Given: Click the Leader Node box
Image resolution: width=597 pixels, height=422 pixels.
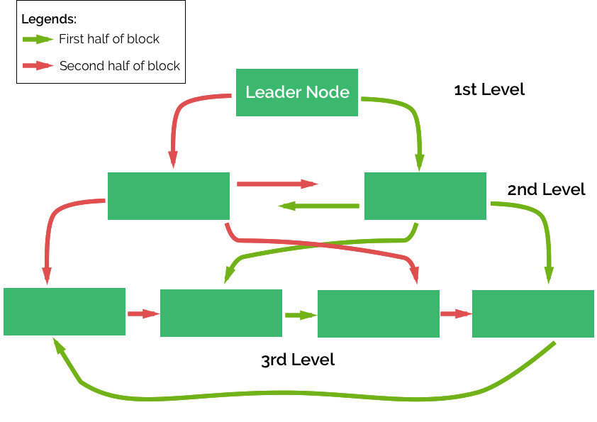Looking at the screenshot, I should [296, 92].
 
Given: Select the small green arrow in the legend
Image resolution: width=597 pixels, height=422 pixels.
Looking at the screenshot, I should [38, 40].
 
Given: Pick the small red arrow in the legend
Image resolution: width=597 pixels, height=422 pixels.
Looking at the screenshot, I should [38, 66].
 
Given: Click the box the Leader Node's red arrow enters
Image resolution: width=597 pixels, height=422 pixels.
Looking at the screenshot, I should [169, 196].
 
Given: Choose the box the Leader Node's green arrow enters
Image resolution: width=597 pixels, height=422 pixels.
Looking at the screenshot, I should [425, 196].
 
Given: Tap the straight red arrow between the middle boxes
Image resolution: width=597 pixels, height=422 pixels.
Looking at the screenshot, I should [277, 184].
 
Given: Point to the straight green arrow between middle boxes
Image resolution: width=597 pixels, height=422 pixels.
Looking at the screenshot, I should [318, 206].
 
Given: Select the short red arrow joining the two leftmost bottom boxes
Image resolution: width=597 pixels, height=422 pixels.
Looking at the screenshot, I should [143, 313].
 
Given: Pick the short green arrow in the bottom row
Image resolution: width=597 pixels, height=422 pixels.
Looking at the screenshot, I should [300, 315].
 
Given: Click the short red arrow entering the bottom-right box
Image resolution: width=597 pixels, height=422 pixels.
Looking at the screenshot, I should [456, 313].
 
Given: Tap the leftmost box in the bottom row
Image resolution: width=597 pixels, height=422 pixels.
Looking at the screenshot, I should [65, 311].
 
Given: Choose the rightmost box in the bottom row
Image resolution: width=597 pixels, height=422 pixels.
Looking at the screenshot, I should [533, 313].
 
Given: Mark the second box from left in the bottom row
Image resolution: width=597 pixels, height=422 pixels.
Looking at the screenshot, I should [221, 313].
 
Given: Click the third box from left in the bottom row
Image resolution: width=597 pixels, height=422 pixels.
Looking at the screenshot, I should [378, 313].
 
